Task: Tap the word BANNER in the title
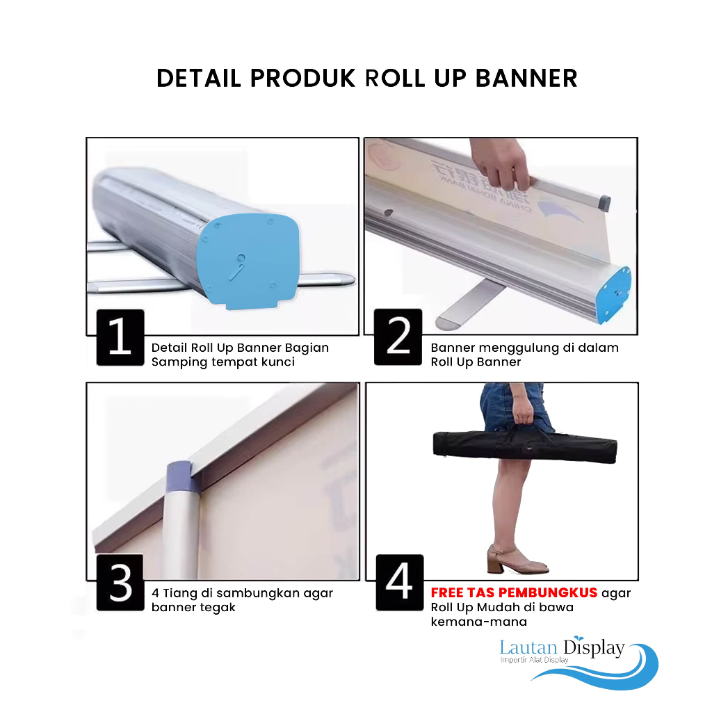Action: click(526, 78)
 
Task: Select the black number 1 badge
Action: click(120, 337)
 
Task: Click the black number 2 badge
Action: click(398, 337)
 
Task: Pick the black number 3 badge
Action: click(120, 583)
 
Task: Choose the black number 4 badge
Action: click(400, 583)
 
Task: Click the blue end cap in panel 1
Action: click(248, 261)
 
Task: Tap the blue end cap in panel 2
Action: click(615, 295)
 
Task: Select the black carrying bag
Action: click(525, 444)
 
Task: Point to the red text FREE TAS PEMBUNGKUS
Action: click(514, 592)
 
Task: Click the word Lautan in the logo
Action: click(528, 647)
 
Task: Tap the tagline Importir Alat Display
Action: click(535, 660)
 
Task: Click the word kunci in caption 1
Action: click(279, 362)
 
